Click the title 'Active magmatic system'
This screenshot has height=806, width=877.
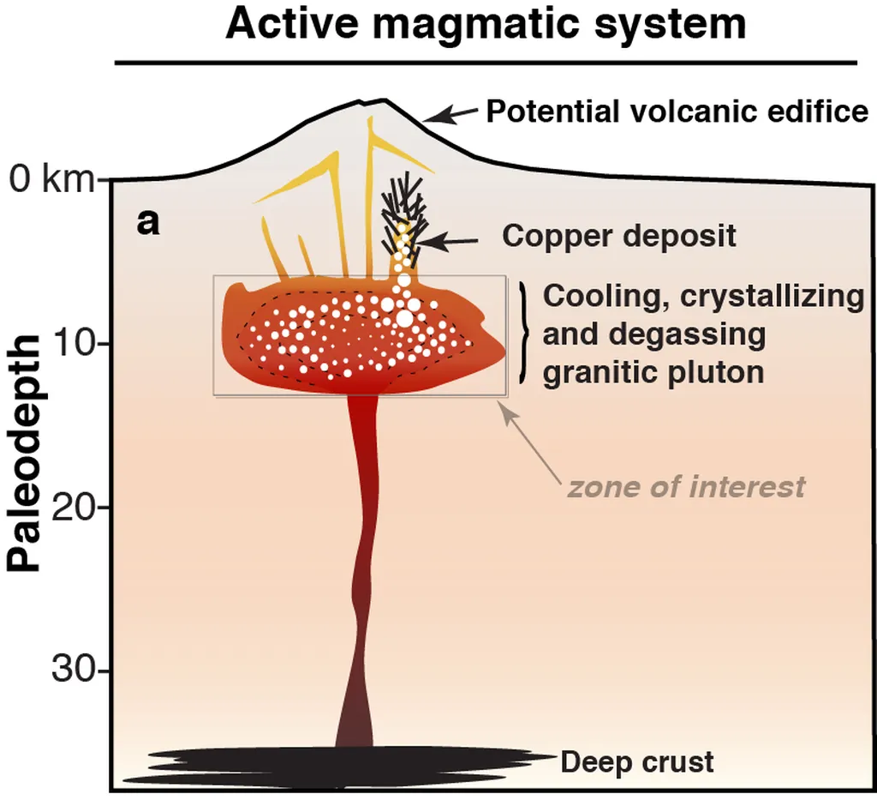[x=486, y=25]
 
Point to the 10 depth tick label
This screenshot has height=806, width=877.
[x=80, y=344]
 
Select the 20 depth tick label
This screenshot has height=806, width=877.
[x=80, y=507]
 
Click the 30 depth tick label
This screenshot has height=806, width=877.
[x=80, y=670]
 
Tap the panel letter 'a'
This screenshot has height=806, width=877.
[x=148, y=224]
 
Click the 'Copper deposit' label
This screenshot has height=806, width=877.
[x=618, y=235]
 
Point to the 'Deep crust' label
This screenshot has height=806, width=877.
[x=636, y=761]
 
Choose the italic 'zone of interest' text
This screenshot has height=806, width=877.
[x=686, y=487]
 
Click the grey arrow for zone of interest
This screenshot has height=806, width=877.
[x=526, y=437]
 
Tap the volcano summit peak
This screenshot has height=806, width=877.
[x=382, y=100]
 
